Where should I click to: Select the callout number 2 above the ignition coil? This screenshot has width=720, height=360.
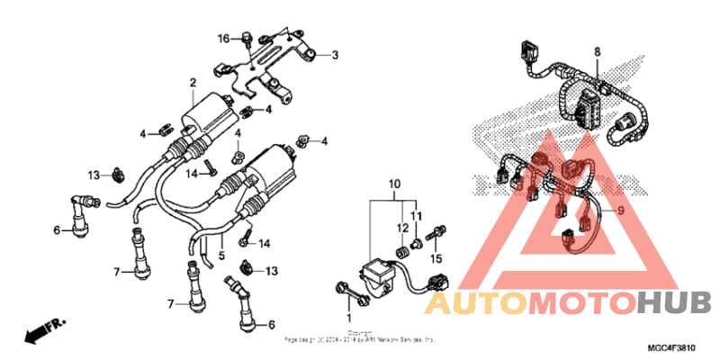[x=192, y=83]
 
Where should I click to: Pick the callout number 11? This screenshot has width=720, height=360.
[x=417, y=217]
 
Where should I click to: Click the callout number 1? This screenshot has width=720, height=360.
[x=349, y=318]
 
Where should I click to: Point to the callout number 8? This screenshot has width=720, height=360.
[x=596, y=53]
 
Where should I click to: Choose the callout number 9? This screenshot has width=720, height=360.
[x=620, y=211]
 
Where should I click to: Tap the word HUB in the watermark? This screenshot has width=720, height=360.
[x=674, y=304]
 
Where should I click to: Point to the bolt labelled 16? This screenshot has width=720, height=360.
[x=245, y=38]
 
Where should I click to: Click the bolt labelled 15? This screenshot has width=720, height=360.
[x=439, y=233]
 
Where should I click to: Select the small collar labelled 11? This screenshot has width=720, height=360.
[x=418, y=243]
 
